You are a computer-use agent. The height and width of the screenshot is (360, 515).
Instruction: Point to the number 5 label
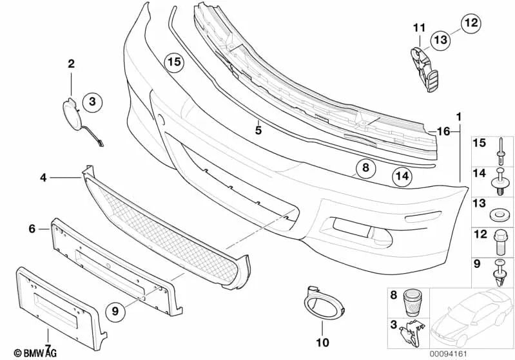(x=257, y=130)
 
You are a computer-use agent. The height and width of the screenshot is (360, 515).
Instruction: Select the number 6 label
(x=31, y=229)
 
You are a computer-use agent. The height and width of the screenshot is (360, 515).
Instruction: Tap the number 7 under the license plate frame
(x=48, y=335)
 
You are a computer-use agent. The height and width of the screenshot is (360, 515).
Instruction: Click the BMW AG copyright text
(x=23, y=352)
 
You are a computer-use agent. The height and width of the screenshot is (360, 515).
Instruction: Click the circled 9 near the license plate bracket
(x=116, y=311)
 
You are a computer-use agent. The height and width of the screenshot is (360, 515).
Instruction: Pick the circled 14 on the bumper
(x=402, y=175)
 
